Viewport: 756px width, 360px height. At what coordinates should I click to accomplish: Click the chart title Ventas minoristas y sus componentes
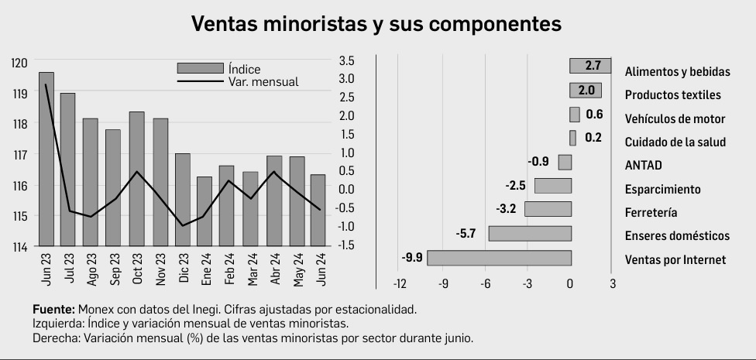point(376,24)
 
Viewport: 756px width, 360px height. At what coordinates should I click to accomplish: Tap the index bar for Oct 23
point(137,179)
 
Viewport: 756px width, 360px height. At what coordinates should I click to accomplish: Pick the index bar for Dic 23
point(183,200)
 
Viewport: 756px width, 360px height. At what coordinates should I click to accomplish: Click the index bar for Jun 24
point(318,211)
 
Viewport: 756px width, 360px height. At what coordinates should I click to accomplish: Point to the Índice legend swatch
point(201,68)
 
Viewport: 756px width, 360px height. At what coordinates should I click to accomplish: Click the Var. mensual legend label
point(263,82)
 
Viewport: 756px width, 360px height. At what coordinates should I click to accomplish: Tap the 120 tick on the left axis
point(20,62)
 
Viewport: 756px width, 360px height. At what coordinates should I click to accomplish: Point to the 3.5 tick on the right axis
point(346,60)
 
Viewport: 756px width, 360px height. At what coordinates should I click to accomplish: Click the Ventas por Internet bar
point(499,258)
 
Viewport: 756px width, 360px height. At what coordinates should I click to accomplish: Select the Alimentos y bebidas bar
point(590,66)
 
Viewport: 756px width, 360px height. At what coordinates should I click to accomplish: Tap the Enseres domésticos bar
point(530,233)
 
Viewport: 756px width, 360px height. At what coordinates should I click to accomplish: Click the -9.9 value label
point(411,258)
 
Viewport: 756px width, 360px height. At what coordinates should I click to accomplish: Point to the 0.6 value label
point(594,115)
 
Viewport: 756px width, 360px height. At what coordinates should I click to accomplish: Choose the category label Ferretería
point(651,213)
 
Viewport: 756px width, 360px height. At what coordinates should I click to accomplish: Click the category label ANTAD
point(643,166)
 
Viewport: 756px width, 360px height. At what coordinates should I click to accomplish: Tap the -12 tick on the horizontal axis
point(400,284)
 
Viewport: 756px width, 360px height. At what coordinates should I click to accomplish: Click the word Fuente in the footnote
point(53,309)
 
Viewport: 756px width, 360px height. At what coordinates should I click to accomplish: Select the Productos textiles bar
point(586,90)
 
